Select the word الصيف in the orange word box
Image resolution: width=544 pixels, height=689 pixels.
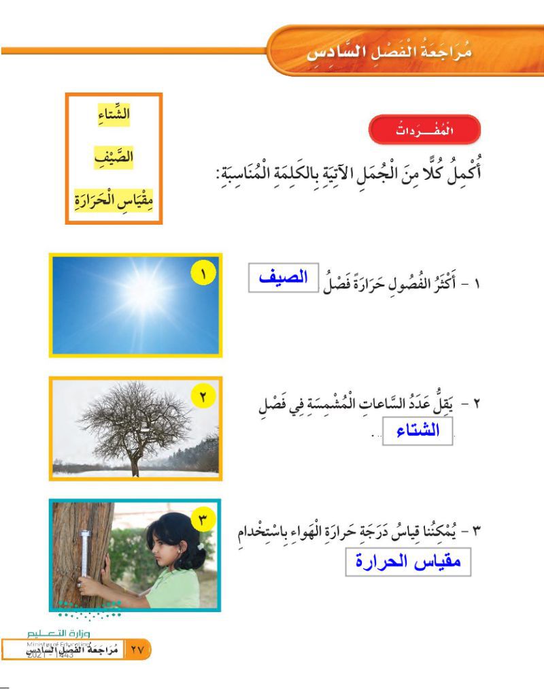(x=113, y=158)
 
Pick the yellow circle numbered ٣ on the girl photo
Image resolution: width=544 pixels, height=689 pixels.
(x=203, y=519)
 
